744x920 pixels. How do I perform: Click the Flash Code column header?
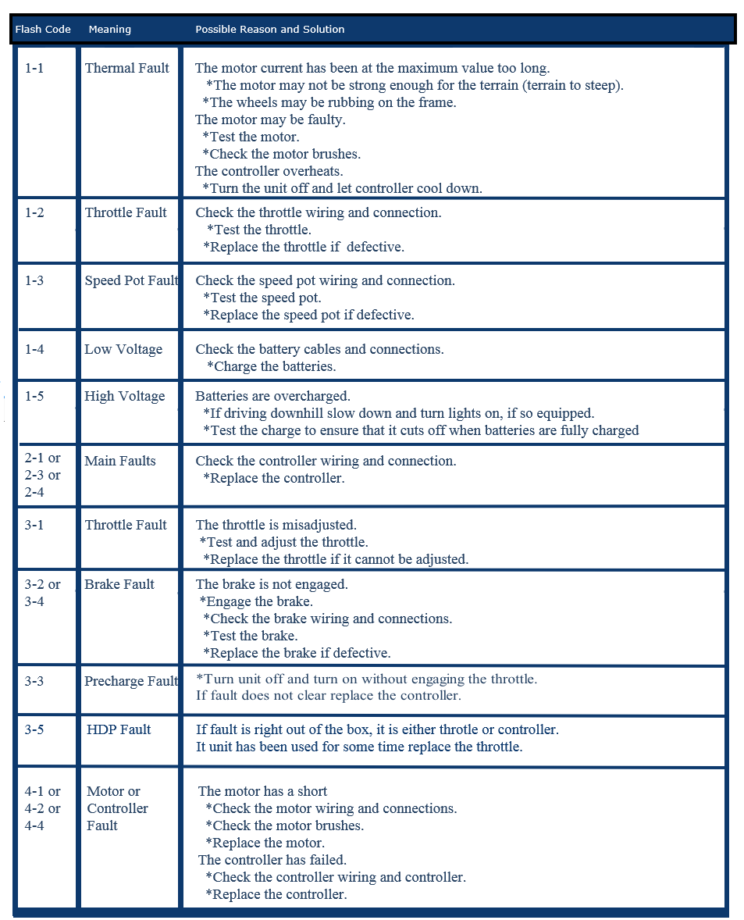point(43,30)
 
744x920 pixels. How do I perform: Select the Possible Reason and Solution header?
point(269,30)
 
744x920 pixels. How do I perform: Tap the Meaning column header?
point(110,30)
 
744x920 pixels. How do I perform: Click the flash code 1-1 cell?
point(34,68)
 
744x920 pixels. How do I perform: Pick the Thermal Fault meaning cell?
point(126,68)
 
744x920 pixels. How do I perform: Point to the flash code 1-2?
point(34,212)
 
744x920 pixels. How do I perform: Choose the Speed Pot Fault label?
point(131,280)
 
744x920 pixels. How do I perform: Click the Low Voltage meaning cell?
point(123,349)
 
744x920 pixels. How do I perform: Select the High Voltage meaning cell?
point(125,396)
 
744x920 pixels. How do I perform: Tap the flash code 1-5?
point(34,396)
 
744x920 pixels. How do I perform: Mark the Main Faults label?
point(120,461)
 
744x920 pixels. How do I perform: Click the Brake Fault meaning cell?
point(119,584)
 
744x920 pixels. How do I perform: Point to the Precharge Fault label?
point(131,681)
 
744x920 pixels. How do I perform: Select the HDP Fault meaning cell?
point(119,729)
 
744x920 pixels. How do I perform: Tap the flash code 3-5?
point(34,729)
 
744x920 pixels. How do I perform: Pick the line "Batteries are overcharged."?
point(272,396)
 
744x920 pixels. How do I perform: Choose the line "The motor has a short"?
point(262,791)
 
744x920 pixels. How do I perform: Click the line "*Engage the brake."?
point(256,601)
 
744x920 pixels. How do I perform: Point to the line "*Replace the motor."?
point(265,843)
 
